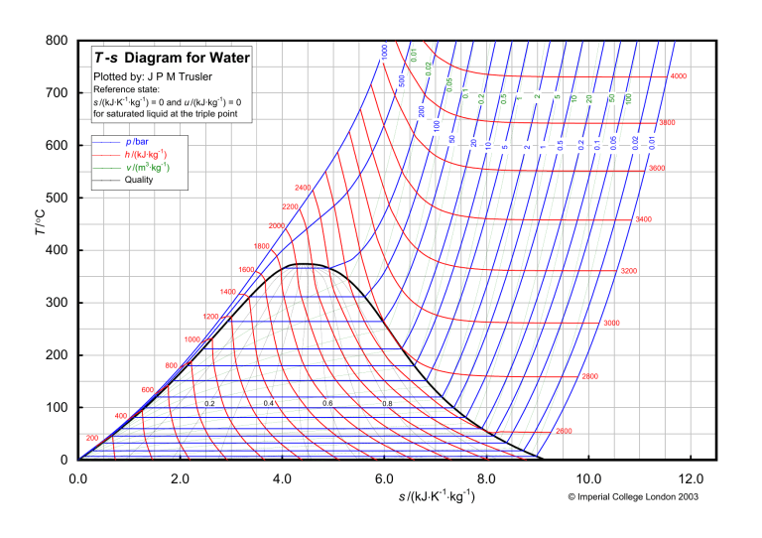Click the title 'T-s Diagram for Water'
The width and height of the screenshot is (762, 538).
[172, 58]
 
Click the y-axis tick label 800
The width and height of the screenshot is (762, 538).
[58, 41]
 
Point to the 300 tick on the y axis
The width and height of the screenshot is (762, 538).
[58, 303]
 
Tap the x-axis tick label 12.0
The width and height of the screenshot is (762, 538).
[691, 477]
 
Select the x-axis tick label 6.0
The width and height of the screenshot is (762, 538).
[384, 477]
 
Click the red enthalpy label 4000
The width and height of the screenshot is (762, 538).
[679, 76]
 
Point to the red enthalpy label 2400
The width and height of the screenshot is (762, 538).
[303, 188]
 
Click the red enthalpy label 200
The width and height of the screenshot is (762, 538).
[92, 438]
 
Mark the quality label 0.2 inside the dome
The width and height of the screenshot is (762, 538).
[209, 404]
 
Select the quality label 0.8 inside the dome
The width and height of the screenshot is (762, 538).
[387, 404]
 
